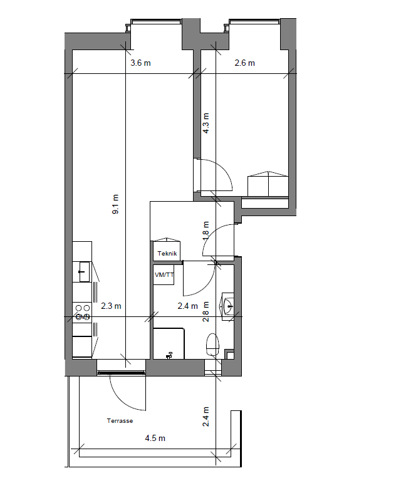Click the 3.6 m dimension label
(140, 63)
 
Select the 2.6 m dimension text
(245, 63)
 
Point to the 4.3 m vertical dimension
(206, 123)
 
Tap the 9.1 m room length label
(115, 204)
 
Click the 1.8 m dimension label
(206, 231)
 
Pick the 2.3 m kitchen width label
(111, 306)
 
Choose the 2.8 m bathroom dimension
(206, 312)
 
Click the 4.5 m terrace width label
(155, 438)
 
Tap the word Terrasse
(120, 421)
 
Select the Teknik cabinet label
(167, 254)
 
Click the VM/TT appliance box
(164, 275)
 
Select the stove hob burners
(83, 312)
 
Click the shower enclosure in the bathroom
(169, 344)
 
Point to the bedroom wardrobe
(268, 184)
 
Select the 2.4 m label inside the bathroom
(188, 306)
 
